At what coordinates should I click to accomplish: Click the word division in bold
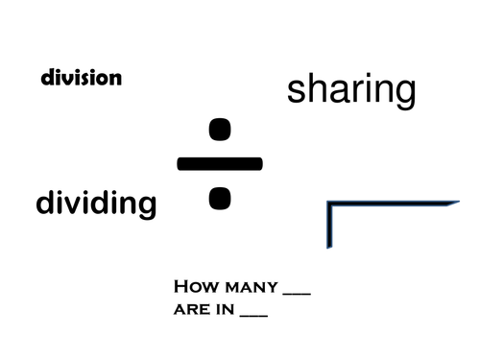[x=82, y=79]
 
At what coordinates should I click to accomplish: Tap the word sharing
[x=351, y=89]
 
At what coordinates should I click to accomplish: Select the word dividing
[x=95, y=203]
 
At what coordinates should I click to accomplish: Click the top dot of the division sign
[x=220, y=129]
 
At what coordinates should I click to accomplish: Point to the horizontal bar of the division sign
[x=219, y=163]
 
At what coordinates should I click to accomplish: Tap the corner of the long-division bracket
[x=329, y=204]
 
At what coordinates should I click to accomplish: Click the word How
[x=195, y=287]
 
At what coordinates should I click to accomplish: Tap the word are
[x=192, y=310]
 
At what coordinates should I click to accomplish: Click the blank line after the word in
[x=254, y=316]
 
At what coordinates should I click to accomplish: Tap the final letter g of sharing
[x=404, y=94]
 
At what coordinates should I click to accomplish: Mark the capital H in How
[x=180, y=287]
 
